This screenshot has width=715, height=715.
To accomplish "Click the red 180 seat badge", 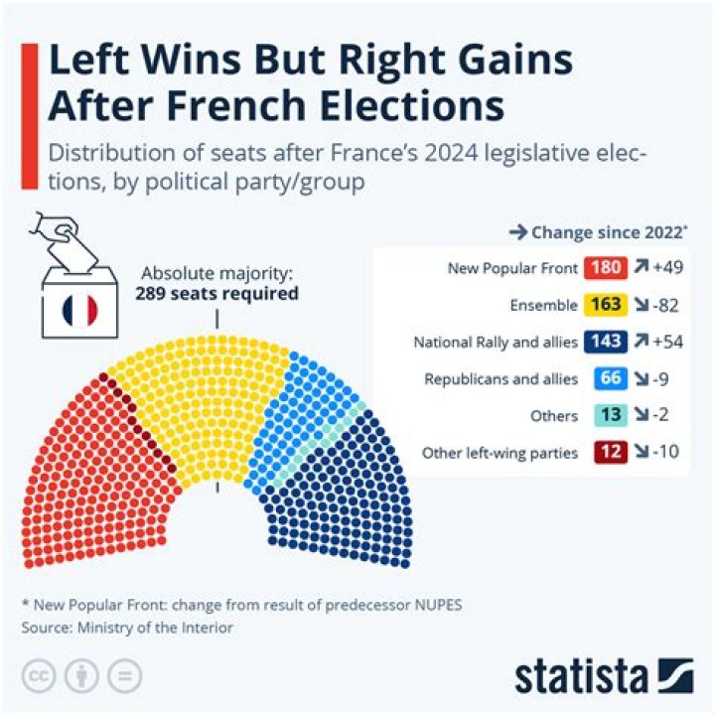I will click(606, 268).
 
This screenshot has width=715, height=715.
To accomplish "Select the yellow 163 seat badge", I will click(606, 305).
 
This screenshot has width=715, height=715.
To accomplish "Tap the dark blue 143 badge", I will click(606, 342).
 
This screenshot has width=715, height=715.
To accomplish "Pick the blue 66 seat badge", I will click(609, 378).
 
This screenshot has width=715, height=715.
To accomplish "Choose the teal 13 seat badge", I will click(609, 415).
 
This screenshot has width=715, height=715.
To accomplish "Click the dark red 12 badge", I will click(609, 452).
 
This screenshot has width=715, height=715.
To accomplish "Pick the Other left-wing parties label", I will click(500, 453).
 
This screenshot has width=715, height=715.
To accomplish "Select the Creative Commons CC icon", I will click(39, 675).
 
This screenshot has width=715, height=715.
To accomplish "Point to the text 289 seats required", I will click(216, 294).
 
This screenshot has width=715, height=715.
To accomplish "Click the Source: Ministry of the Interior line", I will click(127, 628).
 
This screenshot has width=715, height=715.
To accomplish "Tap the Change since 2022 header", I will click(599, 232).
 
